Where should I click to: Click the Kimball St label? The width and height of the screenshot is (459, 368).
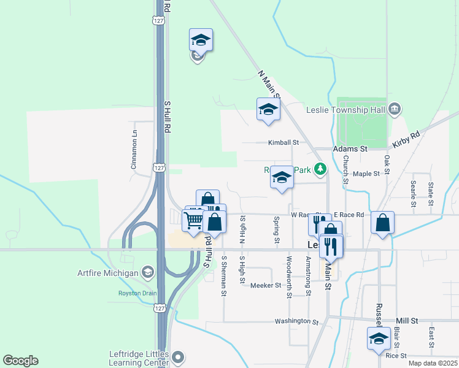click(283, 142)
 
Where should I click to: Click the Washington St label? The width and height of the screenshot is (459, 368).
click(297, 321)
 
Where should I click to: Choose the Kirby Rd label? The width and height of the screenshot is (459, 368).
click(406, 139)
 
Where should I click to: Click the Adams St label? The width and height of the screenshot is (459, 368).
click(350, 149)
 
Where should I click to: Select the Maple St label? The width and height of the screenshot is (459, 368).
click(367, 174)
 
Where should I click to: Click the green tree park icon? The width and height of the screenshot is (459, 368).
click(318, 168)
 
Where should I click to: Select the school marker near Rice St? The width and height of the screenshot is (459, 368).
click(379, 338)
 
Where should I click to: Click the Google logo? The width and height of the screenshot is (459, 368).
click(20, 361)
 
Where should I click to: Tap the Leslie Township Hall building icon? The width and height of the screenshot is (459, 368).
click(394, 109)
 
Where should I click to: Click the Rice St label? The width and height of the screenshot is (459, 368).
click(396, 356)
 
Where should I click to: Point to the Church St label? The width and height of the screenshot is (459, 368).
click(345, 169)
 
